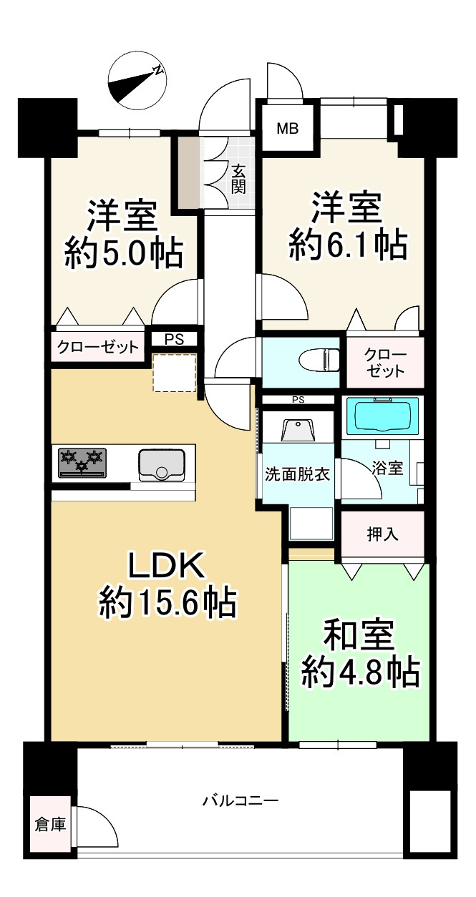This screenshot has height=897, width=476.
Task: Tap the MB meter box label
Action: pyautogui.click(x=288, y=129)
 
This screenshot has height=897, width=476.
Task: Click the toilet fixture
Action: pyautogui.click(x=319, y=359)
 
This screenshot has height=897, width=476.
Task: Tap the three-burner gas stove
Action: pyautogui.click(x=82, y=463)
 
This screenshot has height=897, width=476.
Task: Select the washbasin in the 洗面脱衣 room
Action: pyautogui.click(x=297, y=430)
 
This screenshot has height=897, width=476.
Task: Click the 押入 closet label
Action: pyautogui.click(x=383, y=534)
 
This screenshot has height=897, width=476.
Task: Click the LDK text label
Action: pyautogui.click(x=166, y=565)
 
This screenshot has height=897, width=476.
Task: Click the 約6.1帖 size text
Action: pyautogui.click(x=348, y=245)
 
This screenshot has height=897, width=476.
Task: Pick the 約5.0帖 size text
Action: pyautogui.click(x=125, y=253)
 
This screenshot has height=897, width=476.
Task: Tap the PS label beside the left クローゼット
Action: pyautogui.click(x=174, y=340)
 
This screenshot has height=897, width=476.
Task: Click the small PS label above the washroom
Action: pyautogui.click(x=298, y=400)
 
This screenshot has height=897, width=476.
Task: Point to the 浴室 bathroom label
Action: pyautogui.click(x=387, y=468)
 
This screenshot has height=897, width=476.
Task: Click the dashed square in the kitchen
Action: pyautogui.click(x=175, y=373)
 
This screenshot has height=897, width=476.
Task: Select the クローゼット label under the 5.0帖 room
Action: pyautogui.click(x=98, y=347)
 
